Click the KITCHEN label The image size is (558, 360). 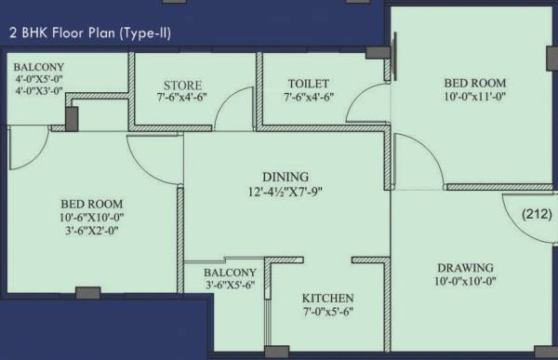coord(327,299)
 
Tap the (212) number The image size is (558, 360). coord(538,214)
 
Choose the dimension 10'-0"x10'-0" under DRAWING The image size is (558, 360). coord(462,282)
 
